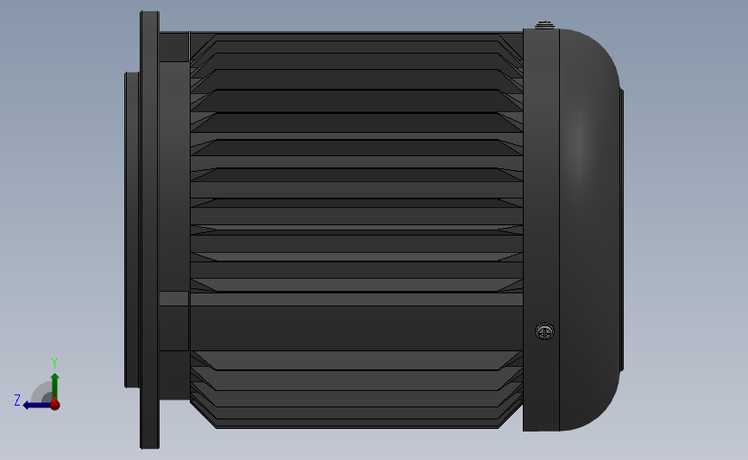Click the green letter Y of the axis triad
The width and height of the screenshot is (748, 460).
[x=54, y=363]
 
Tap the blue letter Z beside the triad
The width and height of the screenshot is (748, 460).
[x=17, y=400]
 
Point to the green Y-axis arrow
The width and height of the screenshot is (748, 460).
[x=55, y=386]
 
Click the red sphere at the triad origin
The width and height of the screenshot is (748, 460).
[x=55, y=405]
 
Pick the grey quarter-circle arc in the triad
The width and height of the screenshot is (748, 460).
[x=38, y=389]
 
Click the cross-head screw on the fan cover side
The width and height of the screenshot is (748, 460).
[x=544, y=331]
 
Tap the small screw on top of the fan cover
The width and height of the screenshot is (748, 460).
[x=544, y=25]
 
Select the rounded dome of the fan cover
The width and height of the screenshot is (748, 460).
[x=589, y=230]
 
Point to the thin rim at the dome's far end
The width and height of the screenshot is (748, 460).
[x=622, y=230]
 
